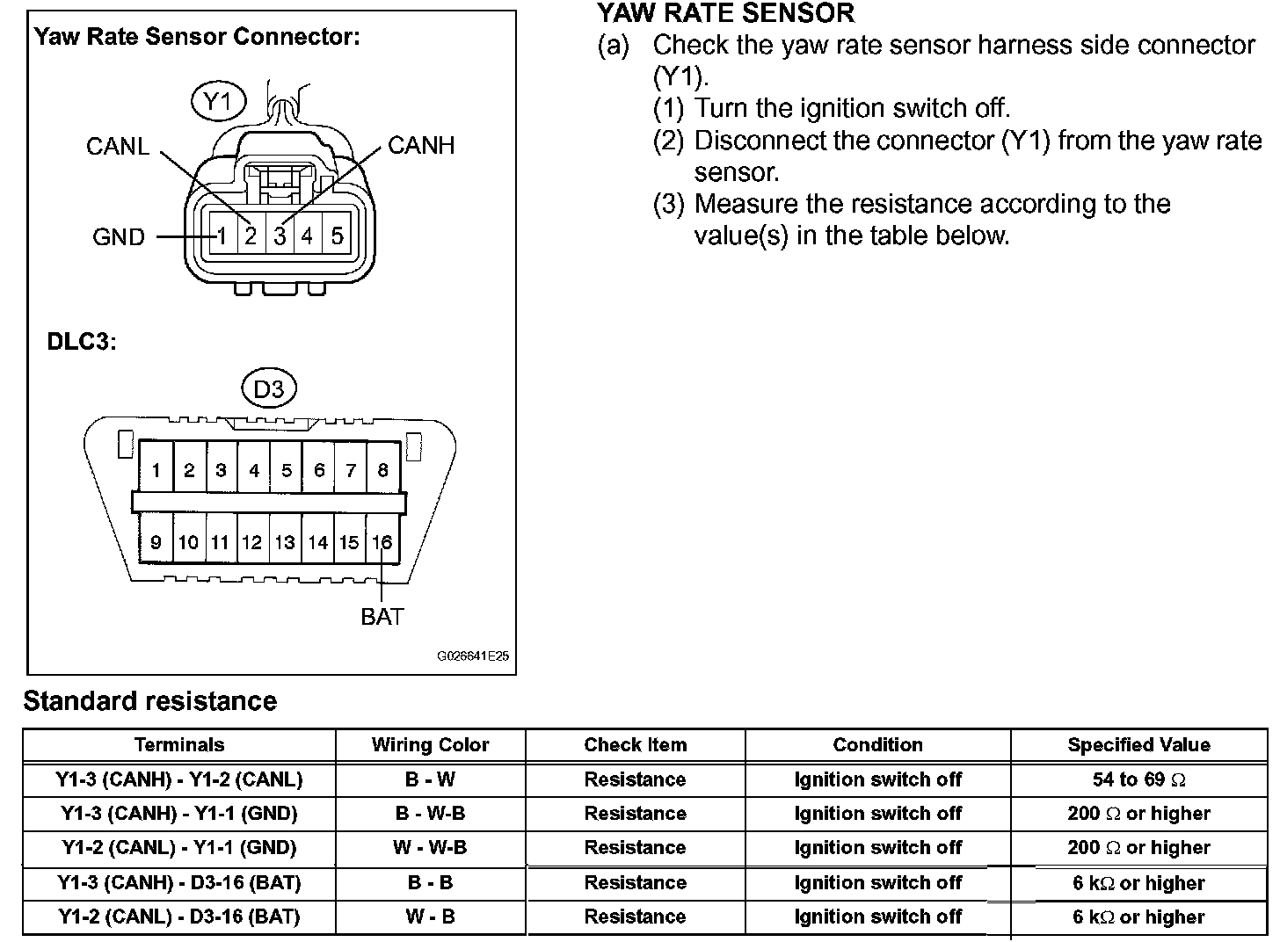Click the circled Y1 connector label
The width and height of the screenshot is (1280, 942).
click(x=217, y=103)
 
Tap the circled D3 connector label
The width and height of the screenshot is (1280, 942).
click(x=268, y=388)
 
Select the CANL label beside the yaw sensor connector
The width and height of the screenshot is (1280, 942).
click(x=118, y=146)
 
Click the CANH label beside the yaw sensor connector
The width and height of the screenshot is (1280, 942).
click(x=421, y=146)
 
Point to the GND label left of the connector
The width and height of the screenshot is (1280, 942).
click(x=119, y=237)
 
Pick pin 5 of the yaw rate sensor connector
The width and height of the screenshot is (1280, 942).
click(x=337, y=236)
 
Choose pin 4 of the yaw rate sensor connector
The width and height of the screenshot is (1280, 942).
click(x=308, y=236)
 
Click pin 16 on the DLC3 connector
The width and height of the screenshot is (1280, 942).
click(x=382, y=542)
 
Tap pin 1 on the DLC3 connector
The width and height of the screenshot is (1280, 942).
click(x=156, y=470)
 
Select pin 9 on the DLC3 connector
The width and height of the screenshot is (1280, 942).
click(x=156, y=542)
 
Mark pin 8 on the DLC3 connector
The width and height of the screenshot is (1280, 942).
click(x=382, y=470)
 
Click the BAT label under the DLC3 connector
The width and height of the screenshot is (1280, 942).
click(x=382, y=617)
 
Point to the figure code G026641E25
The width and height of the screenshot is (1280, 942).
click(x=473, y=656)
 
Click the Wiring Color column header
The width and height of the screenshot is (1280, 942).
click(x=430, y=745)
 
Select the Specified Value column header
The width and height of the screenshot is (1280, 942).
click(x=1138, y=745)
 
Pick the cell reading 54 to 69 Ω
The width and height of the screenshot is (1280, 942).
click(x=1138, y=779)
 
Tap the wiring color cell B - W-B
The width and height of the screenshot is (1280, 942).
click(x=430, y=814)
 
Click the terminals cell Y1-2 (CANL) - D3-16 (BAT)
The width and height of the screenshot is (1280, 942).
click(x=179, y=917)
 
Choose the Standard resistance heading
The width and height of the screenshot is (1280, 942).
click(x=150, y=701)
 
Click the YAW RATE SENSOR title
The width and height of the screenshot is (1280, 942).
click(x=725, y=13)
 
